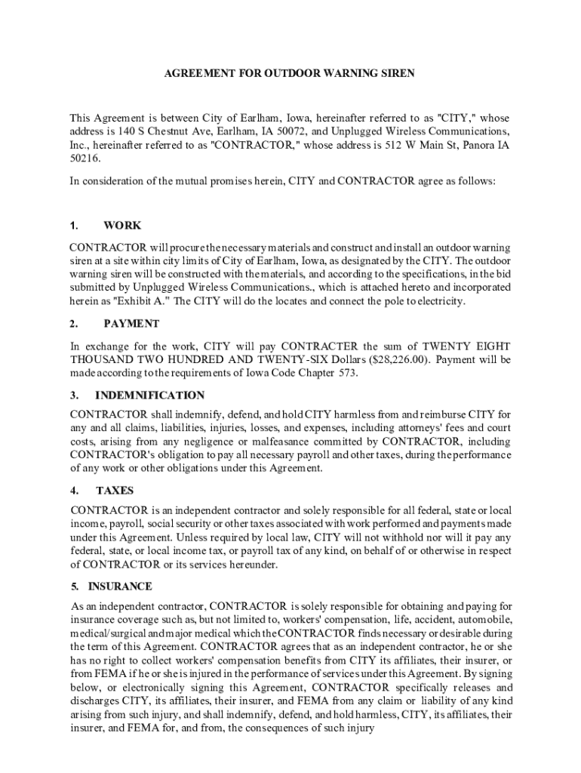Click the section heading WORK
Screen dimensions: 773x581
click(x=122, y=225)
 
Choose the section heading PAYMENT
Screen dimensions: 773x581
click(x=131, y=324)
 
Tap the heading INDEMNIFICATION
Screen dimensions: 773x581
click(x=149, y=395)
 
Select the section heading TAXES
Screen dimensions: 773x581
click(x=115, y=490)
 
